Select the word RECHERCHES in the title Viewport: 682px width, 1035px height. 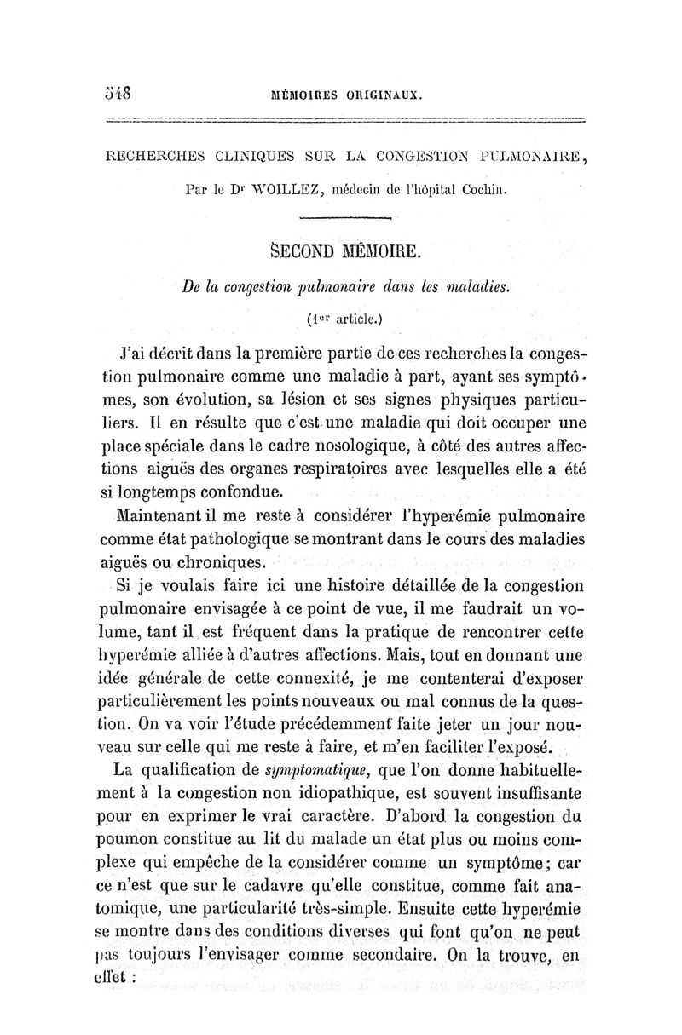pyautogui.click(x=153, y=156)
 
